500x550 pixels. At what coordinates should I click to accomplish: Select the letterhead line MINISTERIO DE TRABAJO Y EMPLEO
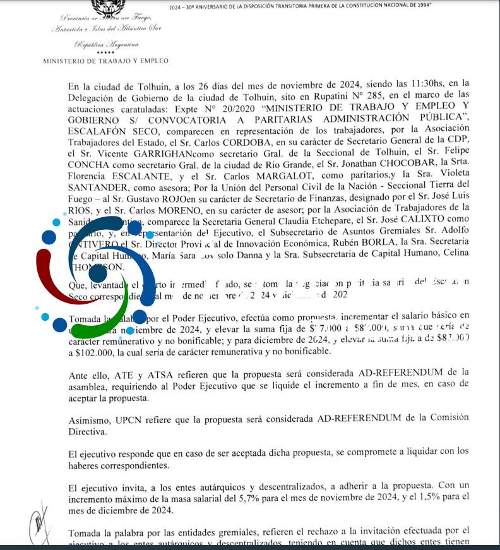(105, 61)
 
